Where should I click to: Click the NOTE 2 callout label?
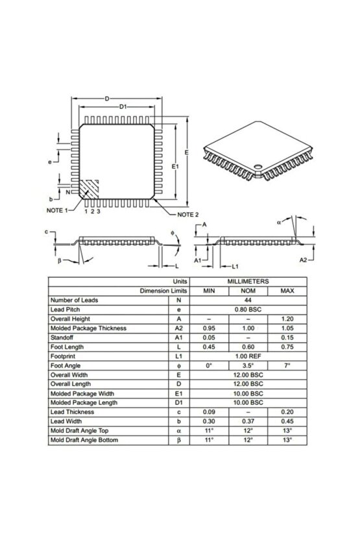pos(184,214)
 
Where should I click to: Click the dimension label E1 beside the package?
pos(174,167)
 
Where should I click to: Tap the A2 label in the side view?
pos(303,260)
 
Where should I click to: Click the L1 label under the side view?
pos(236,267)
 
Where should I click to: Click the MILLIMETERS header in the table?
pos(248,282)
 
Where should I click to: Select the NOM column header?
pos(248,291)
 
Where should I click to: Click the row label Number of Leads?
pos(76,301)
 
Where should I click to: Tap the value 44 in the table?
pos(248,301)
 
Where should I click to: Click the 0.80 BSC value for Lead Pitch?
pos(248,310)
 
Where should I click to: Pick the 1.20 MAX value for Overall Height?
pos(286,319)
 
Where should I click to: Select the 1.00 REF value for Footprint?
pos(248,356)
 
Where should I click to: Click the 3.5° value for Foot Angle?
pos(248,365)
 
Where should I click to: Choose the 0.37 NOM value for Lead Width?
pos(248,421)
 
